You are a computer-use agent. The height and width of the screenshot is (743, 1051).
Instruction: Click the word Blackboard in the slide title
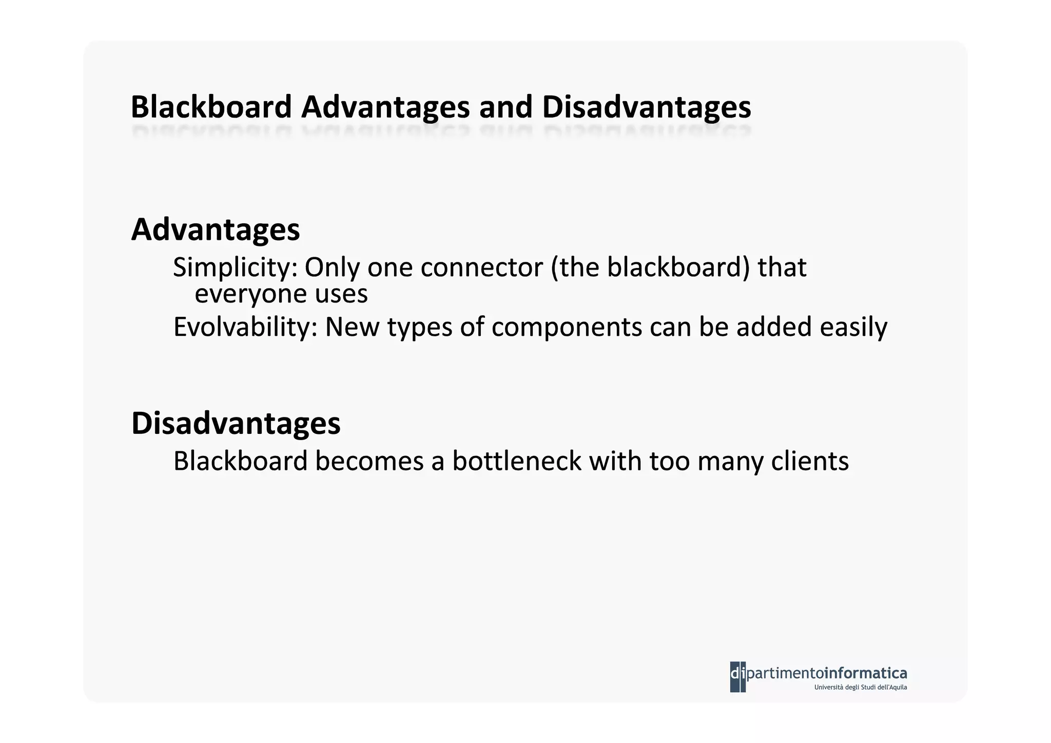211,107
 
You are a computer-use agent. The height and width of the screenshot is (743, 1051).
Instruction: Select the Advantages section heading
216,230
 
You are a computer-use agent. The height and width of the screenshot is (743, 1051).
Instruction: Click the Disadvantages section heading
236,423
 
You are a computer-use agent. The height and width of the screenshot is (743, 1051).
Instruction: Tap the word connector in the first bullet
481,268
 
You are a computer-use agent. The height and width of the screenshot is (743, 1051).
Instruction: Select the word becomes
369,461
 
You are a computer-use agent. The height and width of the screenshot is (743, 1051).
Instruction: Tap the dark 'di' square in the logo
737,676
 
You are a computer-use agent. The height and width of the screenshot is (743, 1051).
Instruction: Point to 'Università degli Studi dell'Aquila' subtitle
860,687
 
